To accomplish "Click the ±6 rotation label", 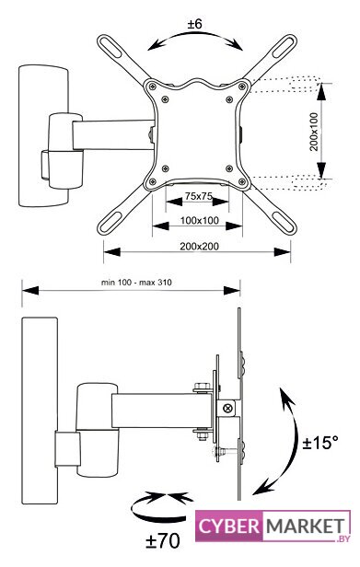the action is point(194,24).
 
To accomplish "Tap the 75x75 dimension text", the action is point(198,196).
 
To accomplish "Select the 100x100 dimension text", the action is point(200,220).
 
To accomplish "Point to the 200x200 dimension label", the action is point(200,247).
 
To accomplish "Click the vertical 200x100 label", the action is point(314,132).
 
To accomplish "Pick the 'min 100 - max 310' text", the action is point(136,282).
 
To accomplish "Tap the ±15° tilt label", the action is point(320,443).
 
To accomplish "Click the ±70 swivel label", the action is point(162,541).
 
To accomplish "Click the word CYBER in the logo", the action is point(228,526).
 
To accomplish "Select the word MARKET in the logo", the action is point(305,526).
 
